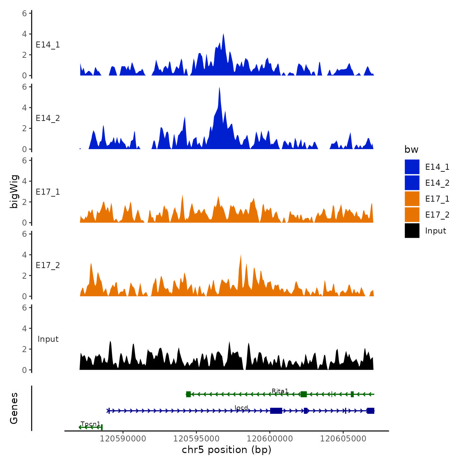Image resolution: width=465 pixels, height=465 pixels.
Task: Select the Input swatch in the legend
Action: click(412, 231)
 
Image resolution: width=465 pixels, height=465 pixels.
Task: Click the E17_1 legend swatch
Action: click(412, 199)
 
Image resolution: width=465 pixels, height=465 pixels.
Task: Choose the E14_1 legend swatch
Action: click(412, 167)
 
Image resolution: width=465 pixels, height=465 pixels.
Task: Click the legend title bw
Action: click(411, 149)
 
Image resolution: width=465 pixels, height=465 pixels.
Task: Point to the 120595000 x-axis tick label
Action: click(196, 439)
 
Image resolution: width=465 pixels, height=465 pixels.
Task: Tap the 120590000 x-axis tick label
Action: click(123, 439)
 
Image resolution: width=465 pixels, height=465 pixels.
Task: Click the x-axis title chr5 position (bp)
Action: click(227, 450)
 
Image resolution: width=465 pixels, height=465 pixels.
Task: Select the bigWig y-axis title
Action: click(14, 192)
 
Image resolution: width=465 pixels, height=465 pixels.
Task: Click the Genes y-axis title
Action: click(14, 408)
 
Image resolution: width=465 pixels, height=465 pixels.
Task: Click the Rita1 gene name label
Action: click(280, 391)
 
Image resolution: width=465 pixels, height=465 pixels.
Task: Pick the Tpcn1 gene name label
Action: click(90, 424)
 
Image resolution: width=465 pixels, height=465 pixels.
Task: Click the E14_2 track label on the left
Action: click(48, 118)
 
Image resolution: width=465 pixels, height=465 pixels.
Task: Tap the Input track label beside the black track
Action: click(48, 339)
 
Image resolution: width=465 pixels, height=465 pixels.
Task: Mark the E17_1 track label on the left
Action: click(48, 192)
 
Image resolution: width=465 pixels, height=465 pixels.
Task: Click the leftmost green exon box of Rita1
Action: click(188, 394)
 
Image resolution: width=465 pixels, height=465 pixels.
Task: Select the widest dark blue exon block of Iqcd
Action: click(276, 411)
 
